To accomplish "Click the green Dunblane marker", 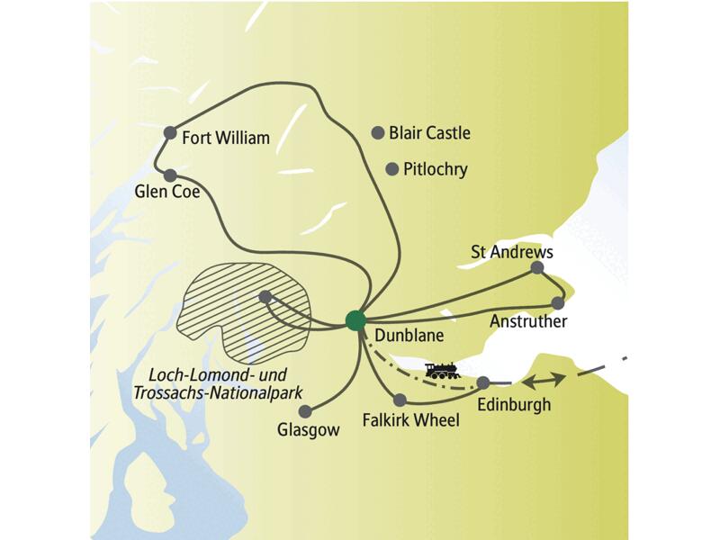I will point(355,319).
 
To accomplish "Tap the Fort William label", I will point(226,139).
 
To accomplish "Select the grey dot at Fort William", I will point(170,133).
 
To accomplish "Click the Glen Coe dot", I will point(169,175).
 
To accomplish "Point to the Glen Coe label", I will point(166,193).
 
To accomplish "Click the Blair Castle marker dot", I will point(378,132).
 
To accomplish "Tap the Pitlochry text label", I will point(436,169).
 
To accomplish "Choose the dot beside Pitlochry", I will point(391,168).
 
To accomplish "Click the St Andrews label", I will point(511,252).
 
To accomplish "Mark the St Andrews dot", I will point(537,267).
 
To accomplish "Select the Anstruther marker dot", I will point(558,302).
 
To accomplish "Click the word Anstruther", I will point(527,321).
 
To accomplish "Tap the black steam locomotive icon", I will point(442,370).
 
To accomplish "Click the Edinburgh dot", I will point(483,382).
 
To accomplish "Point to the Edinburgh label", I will point(514,404).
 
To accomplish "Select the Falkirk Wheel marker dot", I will point(400,400).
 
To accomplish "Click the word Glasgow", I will point(309,430).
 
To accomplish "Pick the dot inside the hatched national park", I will point(265,296).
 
